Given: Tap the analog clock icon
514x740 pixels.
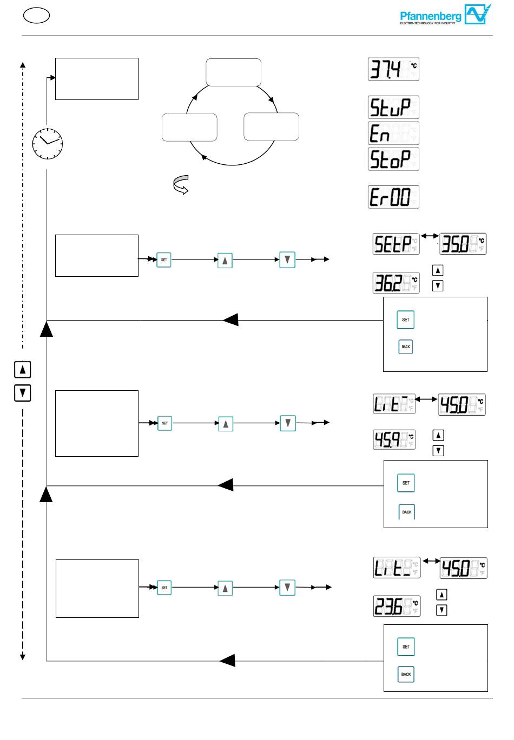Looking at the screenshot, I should coord(47,143).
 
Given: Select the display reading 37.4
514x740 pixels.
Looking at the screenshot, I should coord(393,69).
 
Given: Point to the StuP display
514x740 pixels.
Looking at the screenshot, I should coord(393,107).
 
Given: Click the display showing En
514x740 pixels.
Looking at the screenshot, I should coord(393,133).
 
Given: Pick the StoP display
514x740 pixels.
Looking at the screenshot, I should coord(393,159).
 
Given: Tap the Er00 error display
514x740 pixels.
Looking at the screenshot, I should coord(393,197).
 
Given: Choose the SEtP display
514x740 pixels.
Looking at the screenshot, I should coord(396,244).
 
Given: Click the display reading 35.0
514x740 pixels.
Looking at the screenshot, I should coord(463,244).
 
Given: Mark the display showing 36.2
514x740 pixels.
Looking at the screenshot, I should coord(396,283).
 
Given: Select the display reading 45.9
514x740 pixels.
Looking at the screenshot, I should coord(394,439).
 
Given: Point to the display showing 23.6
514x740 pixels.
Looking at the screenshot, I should coord(397,606).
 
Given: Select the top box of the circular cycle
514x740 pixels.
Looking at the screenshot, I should coord(234,72).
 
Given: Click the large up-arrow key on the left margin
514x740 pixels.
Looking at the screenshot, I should coord(22,370).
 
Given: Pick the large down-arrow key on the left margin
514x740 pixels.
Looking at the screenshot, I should coord(22,393).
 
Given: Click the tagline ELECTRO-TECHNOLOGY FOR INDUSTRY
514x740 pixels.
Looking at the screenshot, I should coord(431,24).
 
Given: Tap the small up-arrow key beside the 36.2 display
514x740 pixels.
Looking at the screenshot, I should coord(438,270).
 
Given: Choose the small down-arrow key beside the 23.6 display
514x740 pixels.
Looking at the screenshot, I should coord(441,610).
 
